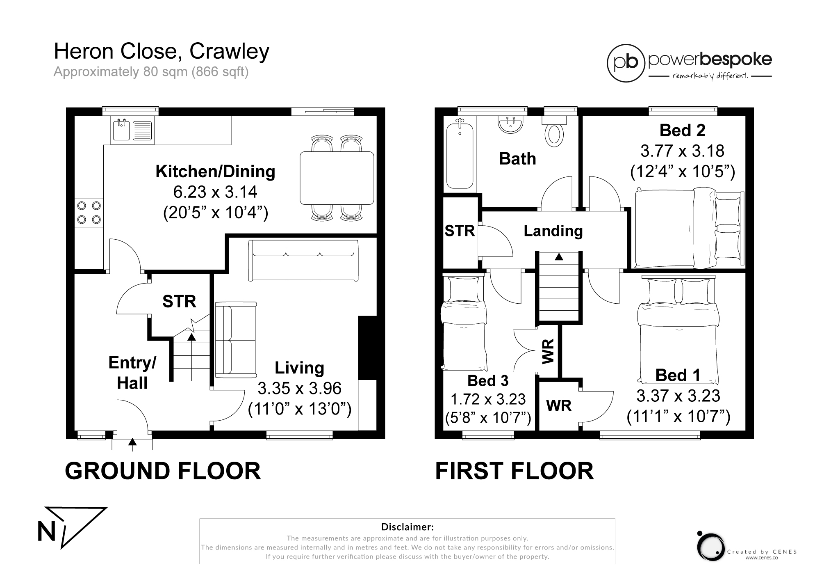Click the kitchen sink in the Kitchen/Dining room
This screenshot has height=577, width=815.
tap(132, 130)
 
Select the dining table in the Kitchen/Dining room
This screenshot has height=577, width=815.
tap(337, 178)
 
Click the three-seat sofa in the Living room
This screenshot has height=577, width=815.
tap(303, 261)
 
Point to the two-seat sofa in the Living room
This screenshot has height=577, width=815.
tap(236, 340)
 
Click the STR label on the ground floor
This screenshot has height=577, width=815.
tap(179, 302)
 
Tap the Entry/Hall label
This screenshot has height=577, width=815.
tap(132, 373)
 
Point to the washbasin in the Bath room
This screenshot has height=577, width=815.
tap(511, 124)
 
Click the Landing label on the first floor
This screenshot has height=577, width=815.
tap(553, 231)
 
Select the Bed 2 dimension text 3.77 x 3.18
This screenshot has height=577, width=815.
tap(682, 151)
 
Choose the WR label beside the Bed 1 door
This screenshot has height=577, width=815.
tap(559, 405)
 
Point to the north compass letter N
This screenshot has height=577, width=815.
tap(46, 532)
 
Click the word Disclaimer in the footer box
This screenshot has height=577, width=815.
tap(407, 527)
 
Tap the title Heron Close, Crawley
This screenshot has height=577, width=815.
tap(162, 52)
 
